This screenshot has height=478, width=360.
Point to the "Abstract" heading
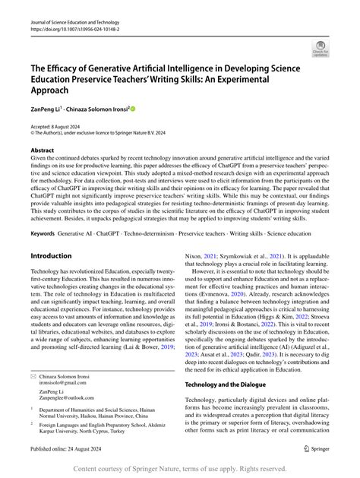coord(43,150)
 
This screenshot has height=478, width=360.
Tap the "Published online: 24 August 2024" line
coord(74,448)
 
